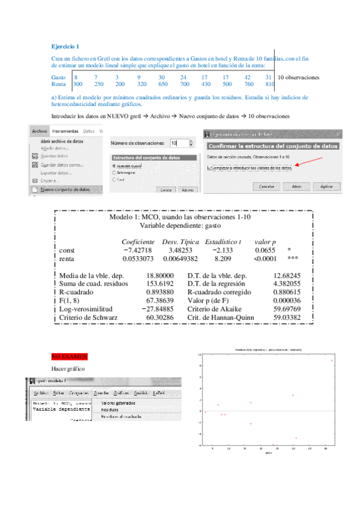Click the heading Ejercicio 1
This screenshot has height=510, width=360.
(65, 46)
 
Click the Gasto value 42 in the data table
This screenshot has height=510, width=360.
(248, 78)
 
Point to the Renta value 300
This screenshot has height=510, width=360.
(78, 85)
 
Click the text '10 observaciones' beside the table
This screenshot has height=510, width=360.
(299, 78)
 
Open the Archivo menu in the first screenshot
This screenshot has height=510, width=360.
(40, 131)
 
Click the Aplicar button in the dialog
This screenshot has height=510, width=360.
(326, 187)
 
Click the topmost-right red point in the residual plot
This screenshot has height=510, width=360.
(332, 360)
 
